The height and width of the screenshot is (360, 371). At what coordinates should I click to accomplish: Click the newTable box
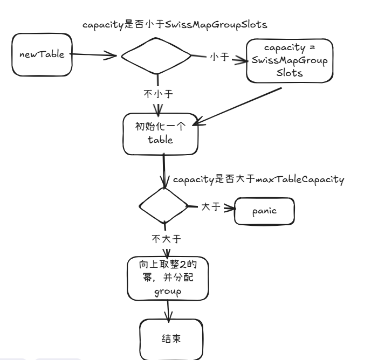(42, 54)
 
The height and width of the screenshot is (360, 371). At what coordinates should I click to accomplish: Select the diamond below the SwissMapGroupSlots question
(156, 56)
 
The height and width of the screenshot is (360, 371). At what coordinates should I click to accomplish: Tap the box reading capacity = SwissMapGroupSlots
(290, 61)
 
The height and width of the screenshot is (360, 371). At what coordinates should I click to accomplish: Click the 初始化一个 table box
(160, 134)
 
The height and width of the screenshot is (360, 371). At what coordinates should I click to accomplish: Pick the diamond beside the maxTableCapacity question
(164, 206)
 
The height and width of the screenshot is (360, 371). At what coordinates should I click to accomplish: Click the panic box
(264, 211)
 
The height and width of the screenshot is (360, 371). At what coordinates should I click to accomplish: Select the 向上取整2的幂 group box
(168, 279)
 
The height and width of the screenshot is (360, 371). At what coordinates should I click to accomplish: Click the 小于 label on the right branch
(219, 57)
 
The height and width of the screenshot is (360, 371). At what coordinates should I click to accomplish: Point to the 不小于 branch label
(159, 94)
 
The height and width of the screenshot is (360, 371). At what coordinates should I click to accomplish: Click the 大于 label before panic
(211, 207)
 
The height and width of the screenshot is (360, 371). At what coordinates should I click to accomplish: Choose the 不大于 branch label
(166, 239)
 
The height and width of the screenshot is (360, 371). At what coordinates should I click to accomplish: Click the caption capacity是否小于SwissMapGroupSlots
(175, 25)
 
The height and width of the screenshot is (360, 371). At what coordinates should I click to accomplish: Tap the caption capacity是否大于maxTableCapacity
(259, 179)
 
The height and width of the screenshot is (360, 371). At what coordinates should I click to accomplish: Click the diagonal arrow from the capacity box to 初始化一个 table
(237, 107)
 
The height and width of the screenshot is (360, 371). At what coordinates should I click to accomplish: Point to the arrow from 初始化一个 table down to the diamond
(164, 171)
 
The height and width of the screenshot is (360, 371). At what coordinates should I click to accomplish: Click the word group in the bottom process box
(168, 292)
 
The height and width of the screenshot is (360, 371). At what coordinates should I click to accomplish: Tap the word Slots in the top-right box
(290, 73)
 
